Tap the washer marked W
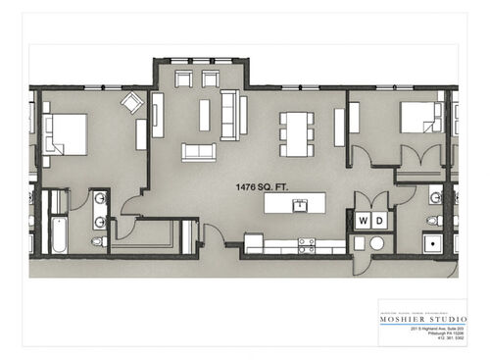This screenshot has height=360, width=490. point(362,220)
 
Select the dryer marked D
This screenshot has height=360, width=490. point(377,220)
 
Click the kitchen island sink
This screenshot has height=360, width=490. point(300,205)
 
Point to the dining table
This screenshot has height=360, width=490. point(297,133)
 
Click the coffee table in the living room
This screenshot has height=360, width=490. point(204,115)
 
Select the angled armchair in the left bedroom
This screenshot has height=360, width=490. point(131,102)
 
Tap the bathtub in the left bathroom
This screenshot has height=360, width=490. point(58,234)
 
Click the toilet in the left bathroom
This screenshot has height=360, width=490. point(98,241)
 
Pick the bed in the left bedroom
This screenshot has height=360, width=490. point(65,134)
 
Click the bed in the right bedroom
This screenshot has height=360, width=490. point(419,118)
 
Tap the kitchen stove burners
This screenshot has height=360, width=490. point(307,243)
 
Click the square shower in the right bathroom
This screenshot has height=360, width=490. point(432,242)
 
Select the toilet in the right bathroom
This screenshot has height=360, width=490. point(434,218)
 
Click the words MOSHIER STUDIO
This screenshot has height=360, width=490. point(422,319)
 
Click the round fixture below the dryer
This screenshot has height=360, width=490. point(376,242)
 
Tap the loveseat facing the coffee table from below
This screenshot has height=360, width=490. point(199,152)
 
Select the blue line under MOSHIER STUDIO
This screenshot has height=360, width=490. point(422,326)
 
